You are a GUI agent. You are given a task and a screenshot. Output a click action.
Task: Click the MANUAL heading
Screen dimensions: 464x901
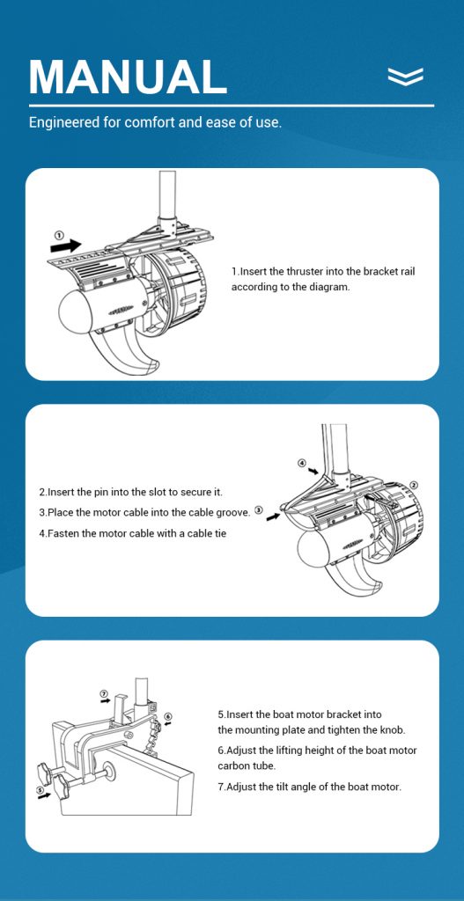pyautogui.click(x=128, y=77)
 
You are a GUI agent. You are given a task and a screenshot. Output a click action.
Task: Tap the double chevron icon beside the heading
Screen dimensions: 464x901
pyautogui.click(x=405, y=76)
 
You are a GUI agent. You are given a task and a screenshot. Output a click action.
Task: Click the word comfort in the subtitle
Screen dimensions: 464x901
pyautogui.click(x=147, y=122)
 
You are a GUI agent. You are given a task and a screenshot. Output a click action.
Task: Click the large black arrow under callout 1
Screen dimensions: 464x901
pyautogui.click(x=65, y=246)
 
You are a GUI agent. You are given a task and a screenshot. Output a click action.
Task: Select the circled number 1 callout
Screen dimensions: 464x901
pyautogui.click(x=58, y=234)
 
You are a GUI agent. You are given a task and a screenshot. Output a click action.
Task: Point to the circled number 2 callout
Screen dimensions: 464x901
pyautogui.click(x=414, y=486)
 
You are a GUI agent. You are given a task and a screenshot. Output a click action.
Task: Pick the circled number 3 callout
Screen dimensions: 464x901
pyautogui.click(x=259, y=509)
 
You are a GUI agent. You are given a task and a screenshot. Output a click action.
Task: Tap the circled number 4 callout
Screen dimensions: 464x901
pyautogui.click(x=302, y=463)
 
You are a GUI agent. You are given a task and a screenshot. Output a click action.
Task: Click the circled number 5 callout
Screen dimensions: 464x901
pyautogui.click(x=41, y=790)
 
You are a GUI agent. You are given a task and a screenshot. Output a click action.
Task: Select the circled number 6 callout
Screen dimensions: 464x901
pyautogui.click(x=168, y=716)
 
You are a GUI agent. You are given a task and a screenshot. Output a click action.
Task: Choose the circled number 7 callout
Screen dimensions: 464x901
pyautogui.click(x=104, y=693)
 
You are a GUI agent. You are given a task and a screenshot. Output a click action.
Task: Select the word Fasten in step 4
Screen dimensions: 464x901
pyautogui.click(x=63, y=533)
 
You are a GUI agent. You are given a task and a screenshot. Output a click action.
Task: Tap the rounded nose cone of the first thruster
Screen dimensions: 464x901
pyautogui.click(x=74, y=311)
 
